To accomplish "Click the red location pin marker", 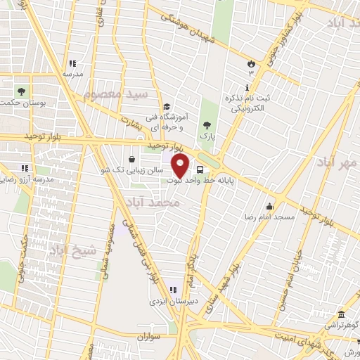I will pos(181,166).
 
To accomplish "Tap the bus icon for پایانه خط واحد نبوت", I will pos(200,169).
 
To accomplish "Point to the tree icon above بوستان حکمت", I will pos(22,91).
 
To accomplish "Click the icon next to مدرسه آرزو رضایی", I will pos(25,168).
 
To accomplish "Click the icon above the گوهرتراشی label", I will pos(342,314).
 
